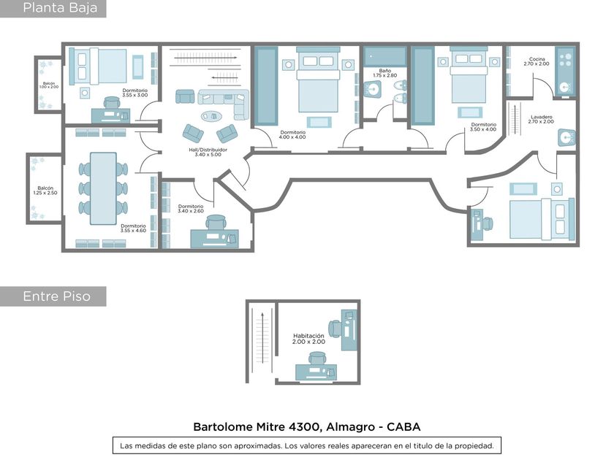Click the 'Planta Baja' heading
60,8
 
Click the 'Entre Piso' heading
57,296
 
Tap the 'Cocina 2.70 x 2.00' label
537,61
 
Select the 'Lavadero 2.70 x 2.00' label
541,119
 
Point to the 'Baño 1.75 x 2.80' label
385,73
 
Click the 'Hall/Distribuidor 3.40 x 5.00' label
208,152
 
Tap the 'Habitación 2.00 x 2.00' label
308,339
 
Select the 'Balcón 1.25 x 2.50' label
45,191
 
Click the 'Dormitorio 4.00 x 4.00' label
292,135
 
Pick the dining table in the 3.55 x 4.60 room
103,188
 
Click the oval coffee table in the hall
211,116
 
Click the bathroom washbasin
372,90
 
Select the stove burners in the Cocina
565,60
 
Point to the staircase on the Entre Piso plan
262,341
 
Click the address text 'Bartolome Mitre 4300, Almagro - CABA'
307,426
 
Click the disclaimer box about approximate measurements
307,445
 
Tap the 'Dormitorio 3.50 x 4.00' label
483,127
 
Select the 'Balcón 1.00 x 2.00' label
49,85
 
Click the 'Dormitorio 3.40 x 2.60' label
191,209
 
